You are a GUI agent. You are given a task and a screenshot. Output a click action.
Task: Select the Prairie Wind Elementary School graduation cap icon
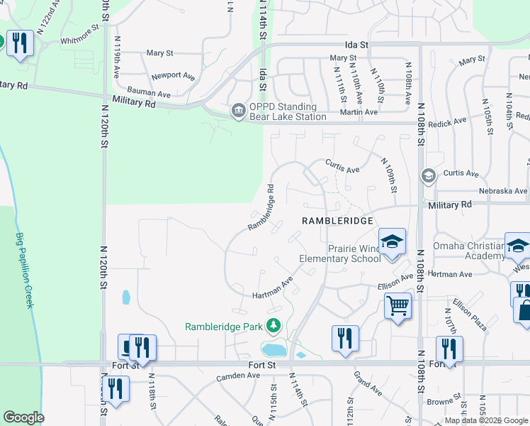[x=391, y=242]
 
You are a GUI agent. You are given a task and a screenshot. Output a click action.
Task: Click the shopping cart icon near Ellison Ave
[x=397, y=306]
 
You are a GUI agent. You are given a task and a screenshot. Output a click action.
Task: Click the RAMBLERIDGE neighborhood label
[x=337, y=221]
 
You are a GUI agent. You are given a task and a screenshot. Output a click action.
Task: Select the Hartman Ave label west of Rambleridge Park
[x=273, y=289]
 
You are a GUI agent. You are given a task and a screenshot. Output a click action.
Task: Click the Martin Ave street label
[x=359, y=112]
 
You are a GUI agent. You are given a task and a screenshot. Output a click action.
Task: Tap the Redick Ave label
[x=451, y=121]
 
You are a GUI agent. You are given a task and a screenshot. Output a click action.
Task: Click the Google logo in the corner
[x=23, y=417]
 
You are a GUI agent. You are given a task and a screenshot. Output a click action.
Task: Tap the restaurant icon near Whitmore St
[x=19, y=44]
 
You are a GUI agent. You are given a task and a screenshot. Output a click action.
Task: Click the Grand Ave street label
[x=367, y=384]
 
